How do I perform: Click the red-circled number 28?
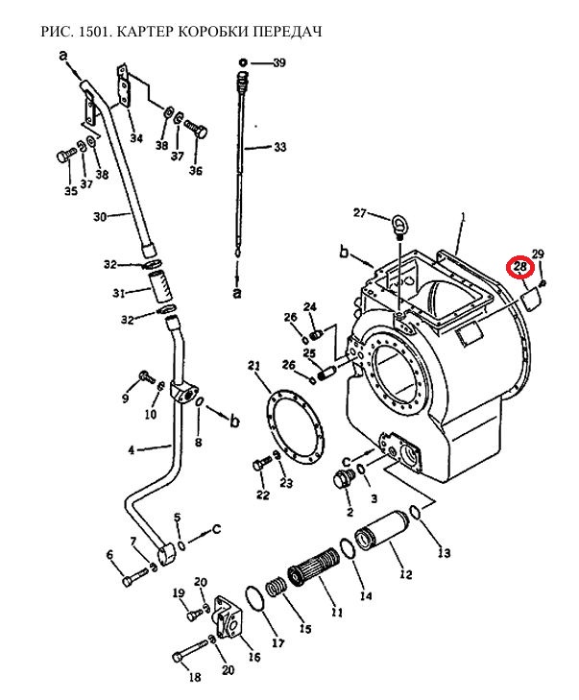pos(519,267)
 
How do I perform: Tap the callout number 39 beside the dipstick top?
pos(279,63)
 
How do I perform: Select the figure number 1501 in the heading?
pos(94,32)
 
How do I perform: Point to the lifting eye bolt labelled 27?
pos(398,226)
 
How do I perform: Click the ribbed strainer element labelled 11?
pos(314,566)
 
